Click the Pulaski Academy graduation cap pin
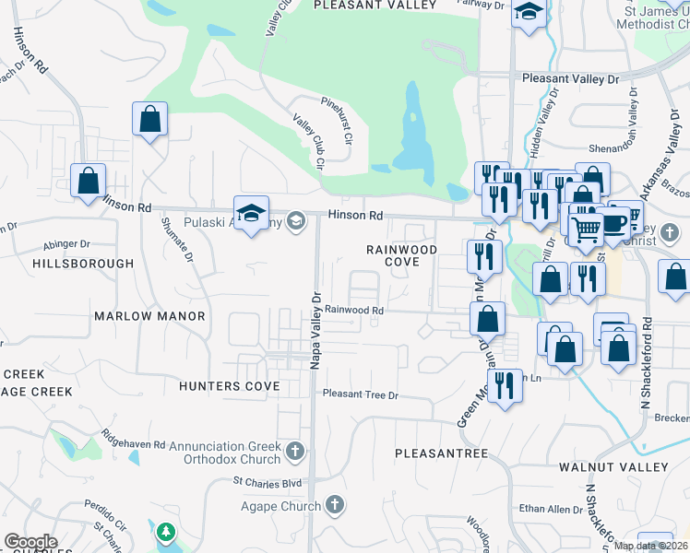[251, 214]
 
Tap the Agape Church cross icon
[335, 505]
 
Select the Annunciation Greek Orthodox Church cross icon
[294, 451]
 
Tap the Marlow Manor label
[149, 316]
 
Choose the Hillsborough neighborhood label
[83, 264]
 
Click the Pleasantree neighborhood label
[441, 453]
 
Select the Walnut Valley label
[613, 467]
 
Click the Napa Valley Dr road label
[315, 332]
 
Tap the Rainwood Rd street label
[353, 311]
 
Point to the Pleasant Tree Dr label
[360, 394]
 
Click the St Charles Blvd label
[268, 481]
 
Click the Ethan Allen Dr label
[546, 508]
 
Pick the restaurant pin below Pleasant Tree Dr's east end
[503, 384]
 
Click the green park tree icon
[165, 532]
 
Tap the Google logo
[30, 542]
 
